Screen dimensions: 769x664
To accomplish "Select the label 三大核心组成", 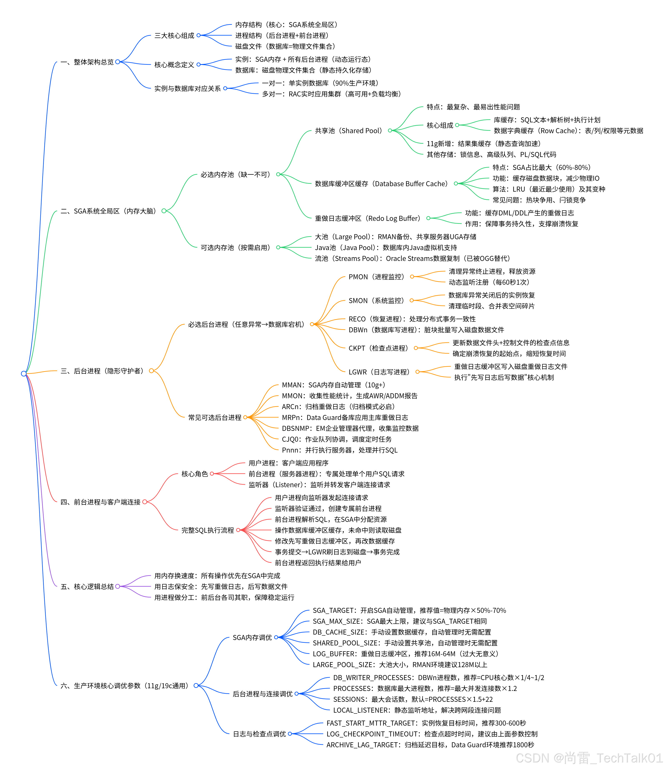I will pyautogui.click(x=174, y=36).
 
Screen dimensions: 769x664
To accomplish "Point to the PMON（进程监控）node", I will pyautogui.click(x=376, y=277).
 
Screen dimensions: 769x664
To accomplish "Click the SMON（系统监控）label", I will pyautogui.click(x=376, y=301).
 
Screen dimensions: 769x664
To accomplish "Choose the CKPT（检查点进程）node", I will pyautogui.click(x=378, y=348).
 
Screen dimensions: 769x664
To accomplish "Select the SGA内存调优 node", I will pyautogui.click(x=252, y=638).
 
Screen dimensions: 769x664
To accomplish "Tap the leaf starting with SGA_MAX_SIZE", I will pyautogui.click(x=400, y=621).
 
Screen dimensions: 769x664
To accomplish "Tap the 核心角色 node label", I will pyautogui.click(x=195, y=474).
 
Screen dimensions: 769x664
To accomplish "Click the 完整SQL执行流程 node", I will pyautogui.click(x=208, y=530).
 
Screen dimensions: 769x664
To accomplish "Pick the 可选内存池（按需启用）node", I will pyautogui.click(x=235, y=248).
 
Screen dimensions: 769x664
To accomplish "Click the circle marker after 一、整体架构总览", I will pyautogui.click(x=118, y=62).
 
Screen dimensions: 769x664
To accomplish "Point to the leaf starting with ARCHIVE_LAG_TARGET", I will pyautogui.click(x=430, y=745).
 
